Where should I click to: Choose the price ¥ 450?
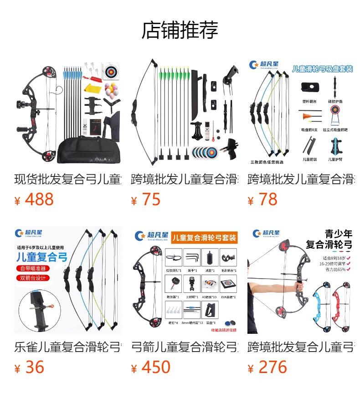coord(151,367)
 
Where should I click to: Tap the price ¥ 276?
coord(267,367)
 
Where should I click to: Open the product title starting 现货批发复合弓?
coord(68,179)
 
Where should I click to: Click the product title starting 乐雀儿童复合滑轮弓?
coord(68,347)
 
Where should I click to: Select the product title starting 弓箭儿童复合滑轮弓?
coord(185,347)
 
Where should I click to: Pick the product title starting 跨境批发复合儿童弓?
coord(301,347)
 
